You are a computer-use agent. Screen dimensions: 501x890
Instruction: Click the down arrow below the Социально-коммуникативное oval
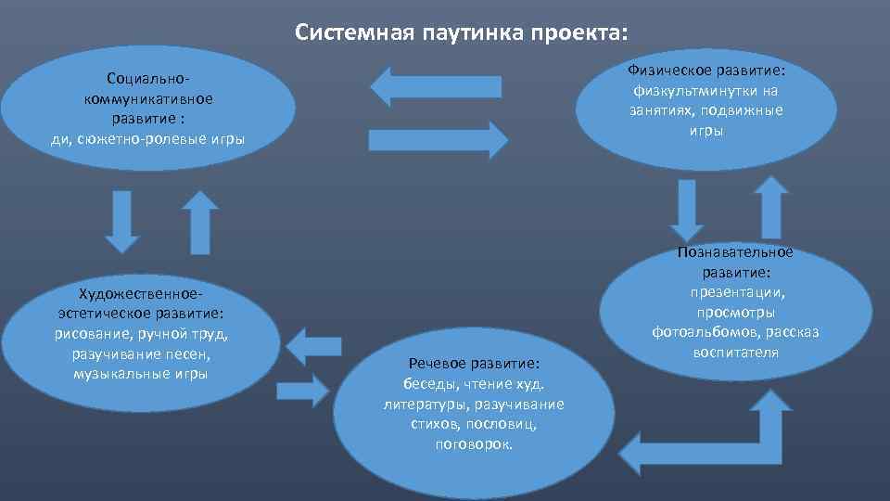[121, 221]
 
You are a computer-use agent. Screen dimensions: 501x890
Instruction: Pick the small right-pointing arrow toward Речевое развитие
[304, 386]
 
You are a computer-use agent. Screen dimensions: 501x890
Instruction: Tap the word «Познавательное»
[734, 252]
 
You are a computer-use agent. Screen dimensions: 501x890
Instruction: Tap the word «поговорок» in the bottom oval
[474, 443]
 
